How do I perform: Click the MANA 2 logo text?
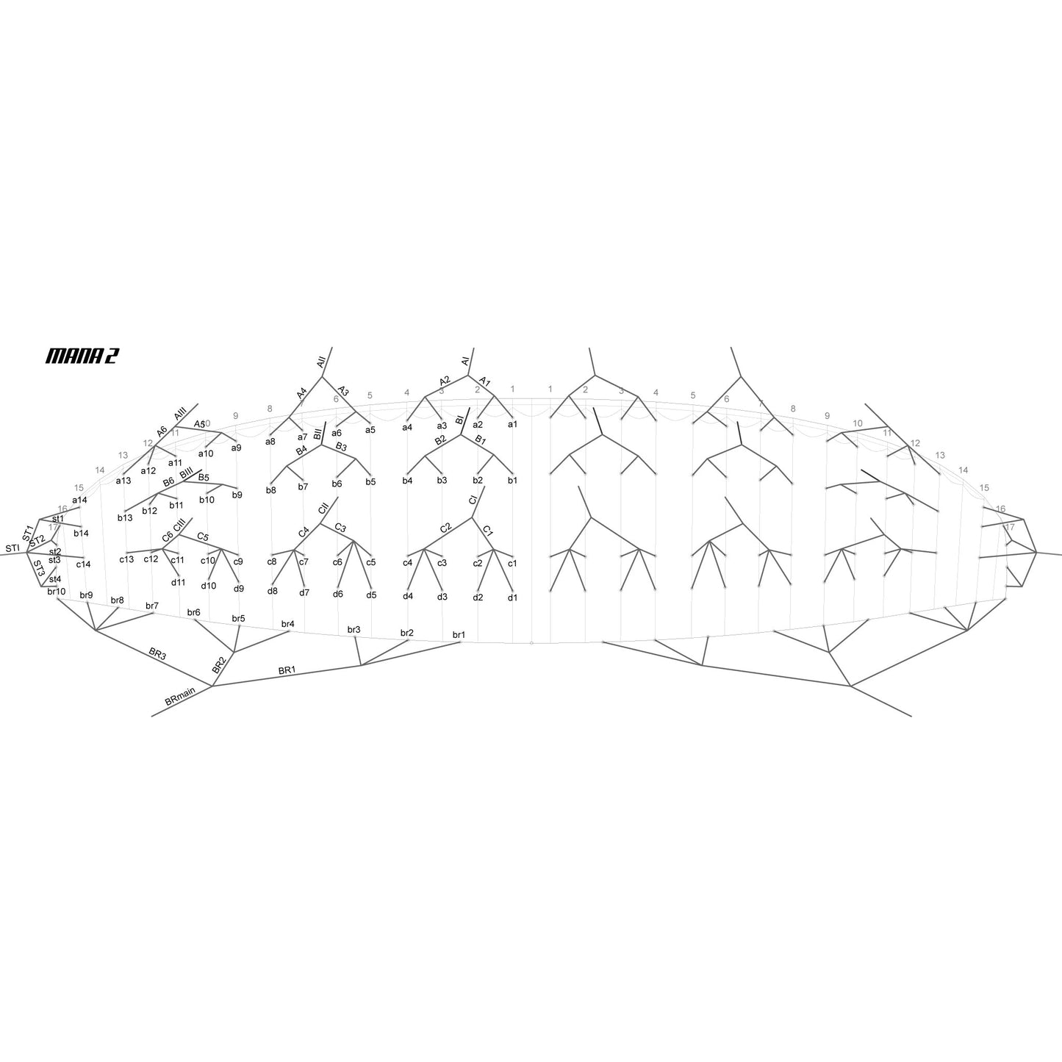[x=82, y=356]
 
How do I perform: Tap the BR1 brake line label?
[x=287, y=670]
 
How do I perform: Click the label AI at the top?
[x=465, y=361]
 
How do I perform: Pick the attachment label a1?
[x=512, y=424]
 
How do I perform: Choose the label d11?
[x=178, y=583]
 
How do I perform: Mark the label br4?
[x=288, y=624]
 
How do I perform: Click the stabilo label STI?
[x=12, y=548]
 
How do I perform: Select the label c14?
[x=83, y=564]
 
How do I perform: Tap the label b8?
[x=271, y=490]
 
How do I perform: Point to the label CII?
[x=323, y=509]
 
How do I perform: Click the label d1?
[x=512, y=598]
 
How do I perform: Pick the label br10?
[x=57, y=591]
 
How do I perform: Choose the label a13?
[x=123, y=481]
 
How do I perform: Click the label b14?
[x=81, y=533]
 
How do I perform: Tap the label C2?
[x=445, y=528]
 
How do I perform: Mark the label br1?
[x=459, y=634]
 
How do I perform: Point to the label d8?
[x=273, y=591]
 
